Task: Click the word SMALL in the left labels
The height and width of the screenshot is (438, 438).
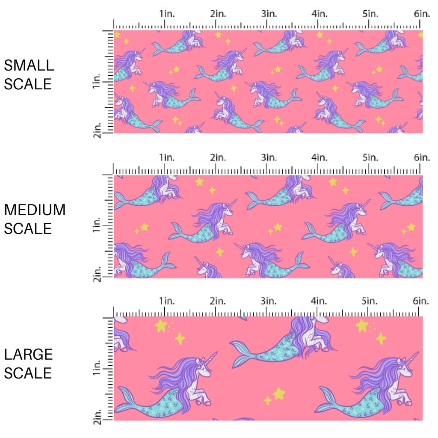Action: pos(29,65)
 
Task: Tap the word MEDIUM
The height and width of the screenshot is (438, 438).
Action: pos(35,210)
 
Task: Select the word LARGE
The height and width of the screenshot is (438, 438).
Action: pos(29,354)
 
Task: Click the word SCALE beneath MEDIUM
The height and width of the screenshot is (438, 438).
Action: pos(28,229)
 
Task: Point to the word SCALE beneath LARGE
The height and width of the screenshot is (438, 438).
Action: pos(28,373)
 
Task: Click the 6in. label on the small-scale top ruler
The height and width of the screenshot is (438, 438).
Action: pos(422,14)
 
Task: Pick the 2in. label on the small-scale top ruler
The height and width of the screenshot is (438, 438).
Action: pos(218,14)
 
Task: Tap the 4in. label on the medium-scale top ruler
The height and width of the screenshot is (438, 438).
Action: pos(320,157)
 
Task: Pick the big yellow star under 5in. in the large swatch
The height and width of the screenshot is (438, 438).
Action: pos(362,326)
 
